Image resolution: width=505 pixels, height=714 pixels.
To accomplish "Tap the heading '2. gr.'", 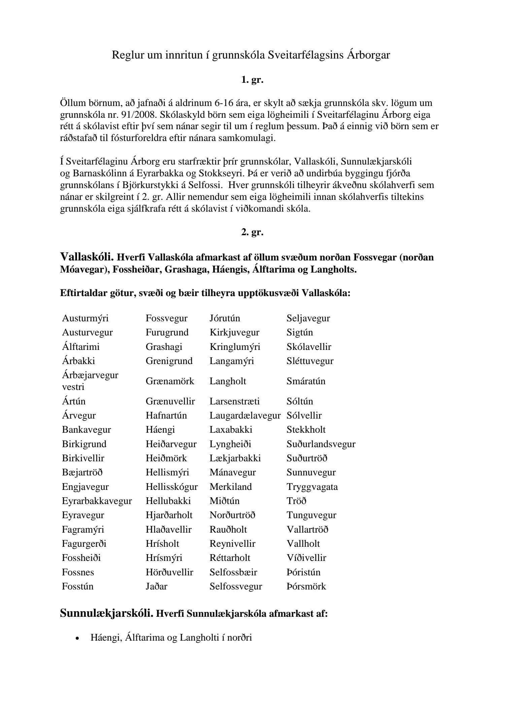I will (252, 232).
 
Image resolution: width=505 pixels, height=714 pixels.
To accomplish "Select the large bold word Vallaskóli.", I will (87, 257).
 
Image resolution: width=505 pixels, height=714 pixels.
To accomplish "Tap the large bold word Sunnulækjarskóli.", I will (105, 613).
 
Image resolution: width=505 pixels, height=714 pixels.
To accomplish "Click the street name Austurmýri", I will (85, 318).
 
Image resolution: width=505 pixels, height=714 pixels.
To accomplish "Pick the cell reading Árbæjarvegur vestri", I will (90, 381).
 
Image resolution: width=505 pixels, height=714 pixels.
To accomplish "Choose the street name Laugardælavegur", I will (245, 416).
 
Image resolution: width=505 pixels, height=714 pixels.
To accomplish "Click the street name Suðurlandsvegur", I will (321, 444).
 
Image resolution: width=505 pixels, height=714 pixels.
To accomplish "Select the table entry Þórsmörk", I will (306, 586).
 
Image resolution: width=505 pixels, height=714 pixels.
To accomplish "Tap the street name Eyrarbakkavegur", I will (97, 501).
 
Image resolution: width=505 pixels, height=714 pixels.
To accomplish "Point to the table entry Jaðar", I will (156, 586).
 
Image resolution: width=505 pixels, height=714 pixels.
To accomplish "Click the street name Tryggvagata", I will (312, 487).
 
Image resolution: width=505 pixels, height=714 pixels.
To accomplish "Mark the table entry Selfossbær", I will (233, 572).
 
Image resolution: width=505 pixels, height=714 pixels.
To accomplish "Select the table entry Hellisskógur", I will (172, 487).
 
